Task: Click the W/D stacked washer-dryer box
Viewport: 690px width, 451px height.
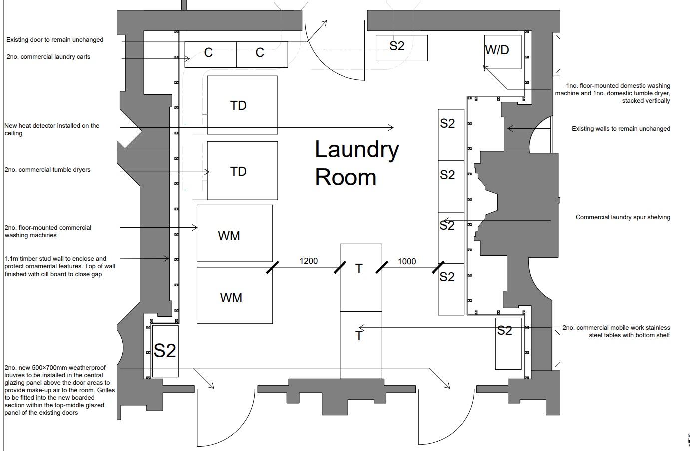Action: click(502, 51)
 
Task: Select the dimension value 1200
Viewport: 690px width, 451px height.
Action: click(308, 261)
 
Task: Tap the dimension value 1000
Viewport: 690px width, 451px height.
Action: click(407, 261)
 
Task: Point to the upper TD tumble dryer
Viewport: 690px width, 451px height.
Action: click(242, 105)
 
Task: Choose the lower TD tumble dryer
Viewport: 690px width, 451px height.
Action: click(242, 171)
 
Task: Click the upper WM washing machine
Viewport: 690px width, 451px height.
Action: click(234, 233)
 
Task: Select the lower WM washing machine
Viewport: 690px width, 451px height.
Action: click(234, 295)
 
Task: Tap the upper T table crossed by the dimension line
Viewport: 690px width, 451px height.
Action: click(360, 277)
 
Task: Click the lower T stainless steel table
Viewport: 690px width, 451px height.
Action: click(360, 345)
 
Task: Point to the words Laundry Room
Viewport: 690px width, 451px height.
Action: click(356, 163)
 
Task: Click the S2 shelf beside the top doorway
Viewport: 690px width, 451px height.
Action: click(401, 48)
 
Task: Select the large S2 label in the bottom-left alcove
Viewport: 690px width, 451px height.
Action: click(165, 351)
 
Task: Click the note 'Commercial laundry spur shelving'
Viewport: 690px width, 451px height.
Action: click(622, 217)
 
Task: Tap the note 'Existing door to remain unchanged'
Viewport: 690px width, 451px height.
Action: click(55, 40)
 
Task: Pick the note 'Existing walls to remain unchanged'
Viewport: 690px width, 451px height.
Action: click(621, 129)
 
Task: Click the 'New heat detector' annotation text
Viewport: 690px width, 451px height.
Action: click(52, 129)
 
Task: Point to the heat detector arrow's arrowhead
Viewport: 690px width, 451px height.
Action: click(392, 128)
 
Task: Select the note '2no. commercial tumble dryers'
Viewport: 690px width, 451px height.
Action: click(48, 170)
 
